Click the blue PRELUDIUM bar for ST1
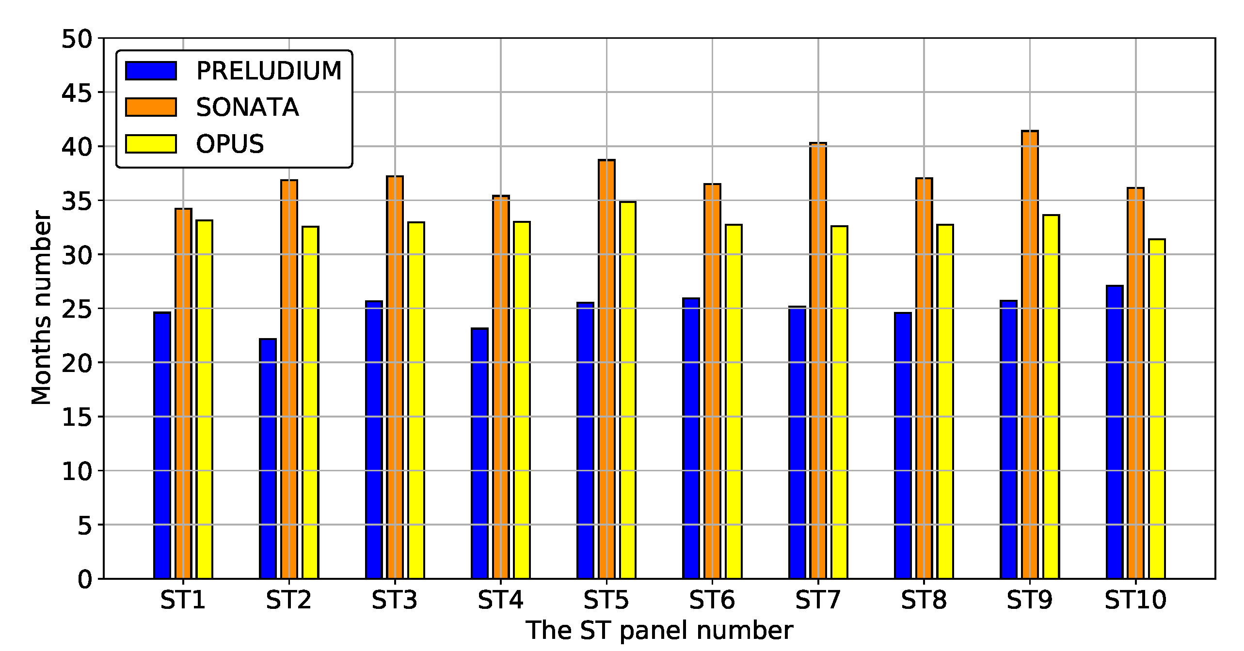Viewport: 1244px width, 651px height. (x=162, y=446)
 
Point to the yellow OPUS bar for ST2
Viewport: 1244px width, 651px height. (x=310, y=403)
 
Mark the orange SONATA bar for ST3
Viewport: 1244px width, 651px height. (x=395, y=377)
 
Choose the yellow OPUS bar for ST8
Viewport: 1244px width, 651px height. (x=945, y=402)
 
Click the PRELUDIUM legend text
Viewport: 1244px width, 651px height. (x=269, y=71)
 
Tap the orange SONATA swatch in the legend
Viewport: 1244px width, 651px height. (x=151, y=107)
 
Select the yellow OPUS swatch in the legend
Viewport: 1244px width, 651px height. (x=151, y=144)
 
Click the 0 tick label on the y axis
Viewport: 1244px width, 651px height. (x=84, y=579)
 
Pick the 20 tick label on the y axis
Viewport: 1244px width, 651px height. (x=76, y=363)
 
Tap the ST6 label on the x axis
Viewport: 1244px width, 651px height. (x=712, y=600)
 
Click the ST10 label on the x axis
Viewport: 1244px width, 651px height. (x=1135, y=600)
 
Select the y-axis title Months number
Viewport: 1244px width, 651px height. (x=41, y=308)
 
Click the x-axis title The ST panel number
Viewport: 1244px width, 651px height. (x=659, y=631)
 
